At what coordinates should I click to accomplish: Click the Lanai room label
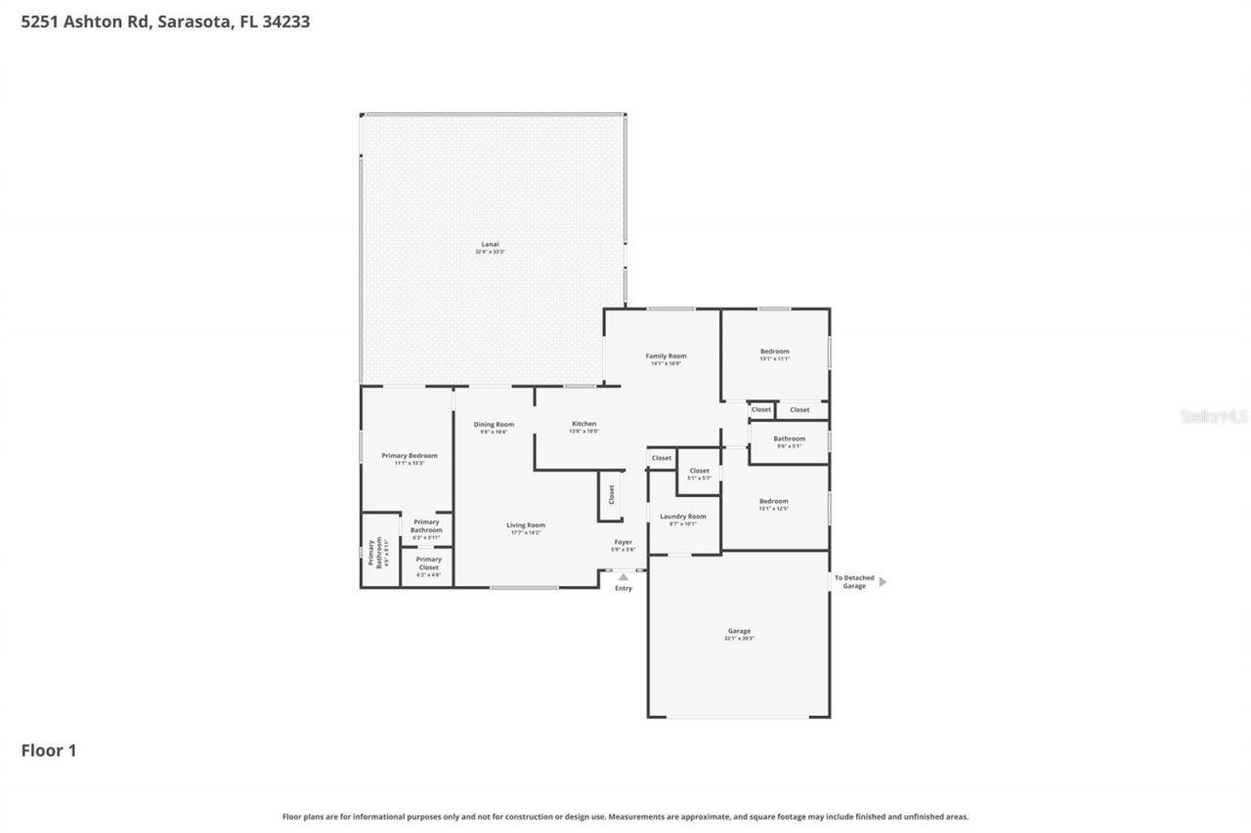point(491,244)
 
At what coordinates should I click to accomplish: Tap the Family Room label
point(666,356)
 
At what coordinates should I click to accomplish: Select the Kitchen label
point(583,424)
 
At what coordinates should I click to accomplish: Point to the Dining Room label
point(494,425)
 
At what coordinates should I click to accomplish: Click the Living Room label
point(525,525)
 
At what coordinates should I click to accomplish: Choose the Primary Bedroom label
point(409,456)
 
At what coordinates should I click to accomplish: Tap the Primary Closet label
point(428,560)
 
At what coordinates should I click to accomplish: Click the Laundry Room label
point(682,517)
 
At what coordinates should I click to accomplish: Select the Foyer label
point(623,542)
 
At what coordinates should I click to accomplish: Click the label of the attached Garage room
point(739,632)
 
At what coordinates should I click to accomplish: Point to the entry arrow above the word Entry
point(624,577)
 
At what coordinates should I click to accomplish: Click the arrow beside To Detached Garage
point(883,582)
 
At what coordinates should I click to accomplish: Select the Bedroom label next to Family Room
point(774,352)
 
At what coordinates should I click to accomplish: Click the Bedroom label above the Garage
point(773,501)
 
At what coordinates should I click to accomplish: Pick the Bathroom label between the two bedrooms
point(789,439)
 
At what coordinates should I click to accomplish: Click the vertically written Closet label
point(612,494)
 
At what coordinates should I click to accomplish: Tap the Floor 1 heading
point(49,751)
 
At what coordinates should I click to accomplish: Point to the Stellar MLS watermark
point(1214,416)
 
